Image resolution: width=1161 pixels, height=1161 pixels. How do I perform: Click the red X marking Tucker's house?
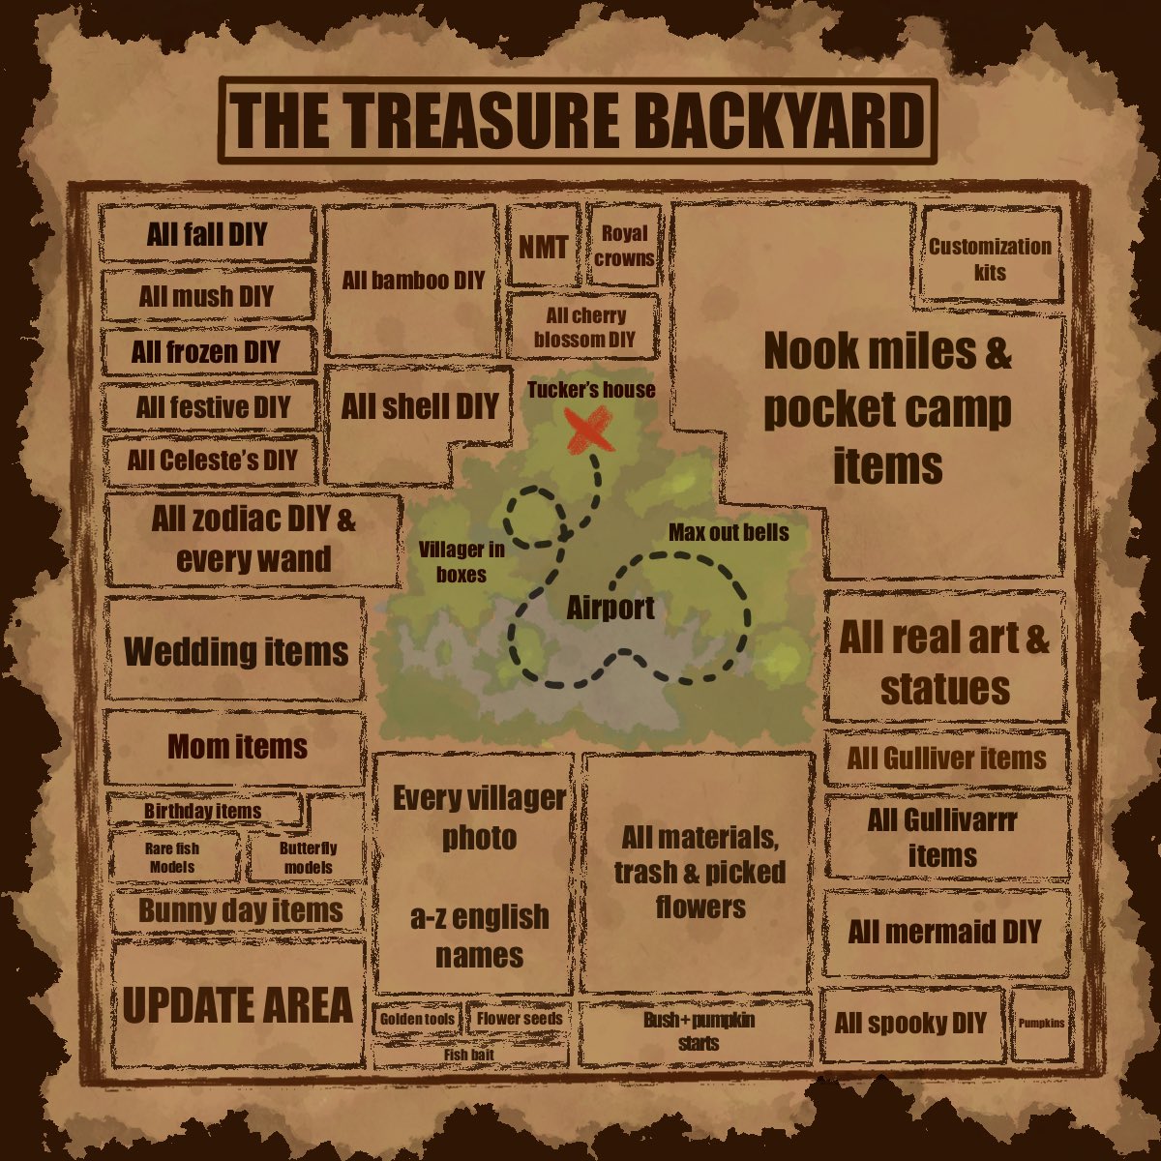(588, 429)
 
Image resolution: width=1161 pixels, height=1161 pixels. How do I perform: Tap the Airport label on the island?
(610, 608)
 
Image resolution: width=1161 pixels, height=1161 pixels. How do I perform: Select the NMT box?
(543, 247)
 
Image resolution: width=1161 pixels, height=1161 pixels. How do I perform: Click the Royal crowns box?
(624, 246)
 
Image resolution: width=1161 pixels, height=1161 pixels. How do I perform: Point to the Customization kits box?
(990, 259)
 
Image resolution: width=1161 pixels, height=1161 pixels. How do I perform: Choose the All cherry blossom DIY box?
(584, 327)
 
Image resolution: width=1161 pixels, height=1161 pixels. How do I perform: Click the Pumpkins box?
(1041, 1023)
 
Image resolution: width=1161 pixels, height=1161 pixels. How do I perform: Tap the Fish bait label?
(469, 1054)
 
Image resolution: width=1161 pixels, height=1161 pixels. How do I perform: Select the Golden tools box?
(417, 1019)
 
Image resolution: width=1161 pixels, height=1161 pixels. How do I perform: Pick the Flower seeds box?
(519, 1019)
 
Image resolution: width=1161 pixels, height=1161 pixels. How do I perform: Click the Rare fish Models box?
(172, 857)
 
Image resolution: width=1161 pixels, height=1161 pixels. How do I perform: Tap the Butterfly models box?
(308, 857)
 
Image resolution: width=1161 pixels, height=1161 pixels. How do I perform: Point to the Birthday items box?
(202, 811)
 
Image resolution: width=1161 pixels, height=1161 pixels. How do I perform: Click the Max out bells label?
(728, 532)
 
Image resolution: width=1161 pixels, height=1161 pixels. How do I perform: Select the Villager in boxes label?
(461, 561)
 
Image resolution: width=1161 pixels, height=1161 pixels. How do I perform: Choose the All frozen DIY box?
(206, 351)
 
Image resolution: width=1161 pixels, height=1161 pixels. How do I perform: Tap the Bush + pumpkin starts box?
(698, 1030)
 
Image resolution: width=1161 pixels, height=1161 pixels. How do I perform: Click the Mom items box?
(237, 747)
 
